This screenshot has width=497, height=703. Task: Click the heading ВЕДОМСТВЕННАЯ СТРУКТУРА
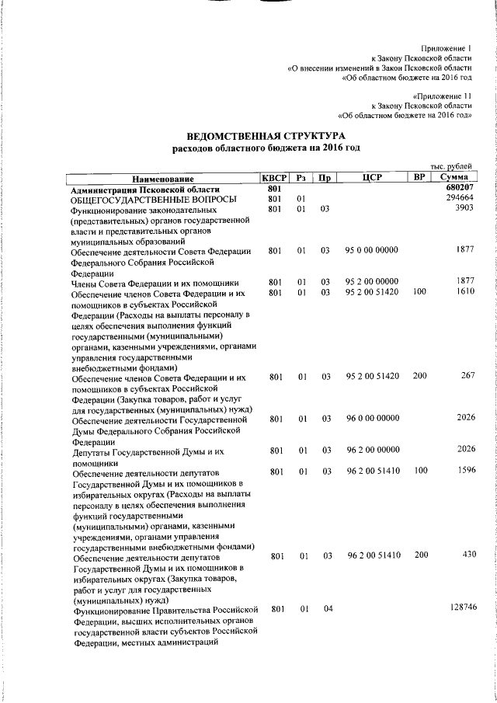coord(265,134)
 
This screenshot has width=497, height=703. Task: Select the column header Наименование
coord(162,179)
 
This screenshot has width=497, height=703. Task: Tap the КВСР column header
coord(275,179)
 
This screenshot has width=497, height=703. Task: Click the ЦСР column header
coord(370,179)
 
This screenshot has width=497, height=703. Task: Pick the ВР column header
coord(419,179)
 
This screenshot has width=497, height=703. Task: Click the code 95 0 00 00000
coord(372,251)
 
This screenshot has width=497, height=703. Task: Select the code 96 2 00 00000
coord(372,450)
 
